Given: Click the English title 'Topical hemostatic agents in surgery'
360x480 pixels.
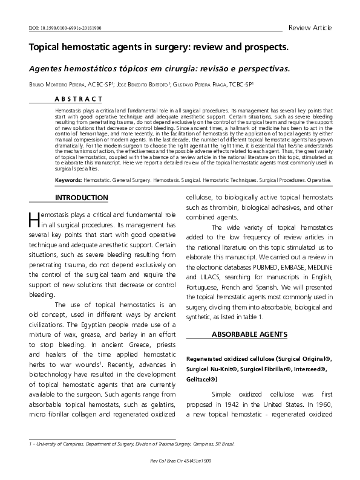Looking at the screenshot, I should tap(159, 47).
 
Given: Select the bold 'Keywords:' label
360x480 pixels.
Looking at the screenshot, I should tap(68, 180).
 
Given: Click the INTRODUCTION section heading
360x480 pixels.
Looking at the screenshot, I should tap(82, 198).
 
